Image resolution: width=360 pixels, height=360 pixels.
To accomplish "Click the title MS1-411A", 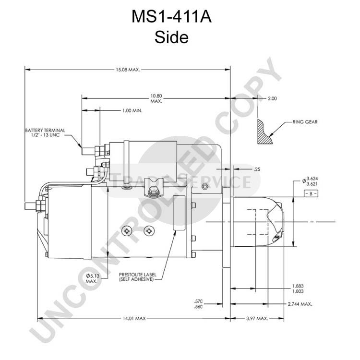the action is (x=171, y=16).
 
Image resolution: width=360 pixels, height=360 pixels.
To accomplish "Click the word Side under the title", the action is (x=171, y=37).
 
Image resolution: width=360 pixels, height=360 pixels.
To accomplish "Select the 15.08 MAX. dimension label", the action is (x=128, y=70).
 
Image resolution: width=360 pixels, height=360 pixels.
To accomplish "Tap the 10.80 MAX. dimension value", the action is (x=156, y=98).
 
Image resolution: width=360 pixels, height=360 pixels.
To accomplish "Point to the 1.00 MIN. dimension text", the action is (x=132, y=111).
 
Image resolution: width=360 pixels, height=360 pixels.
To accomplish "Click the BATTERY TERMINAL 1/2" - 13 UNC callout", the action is (x=45, y=132).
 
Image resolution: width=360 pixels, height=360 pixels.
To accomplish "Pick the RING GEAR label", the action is (x=305, y=122).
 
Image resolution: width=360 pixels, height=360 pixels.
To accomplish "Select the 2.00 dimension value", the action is (x=272, y=98).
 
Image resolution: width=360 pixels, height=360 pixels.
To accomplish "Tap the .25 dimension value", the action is (x=257, y=169).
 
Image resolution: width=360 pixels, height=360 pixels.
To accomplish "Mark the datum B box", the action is (x=311, y=193).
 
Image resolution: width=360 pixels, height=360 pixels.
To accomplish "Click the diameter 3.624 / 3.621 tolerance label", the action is (x=310, y=181).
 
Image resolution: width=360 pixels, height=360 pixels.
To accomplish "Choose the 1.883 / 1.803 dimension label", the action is (x=298, y=288).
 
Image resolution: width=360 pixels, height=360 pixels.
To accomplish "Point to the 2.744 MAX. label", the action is (x=300, y=304).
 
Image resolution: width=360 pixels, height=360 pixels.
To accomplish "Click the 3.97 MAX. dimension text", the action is (x=257, y=319).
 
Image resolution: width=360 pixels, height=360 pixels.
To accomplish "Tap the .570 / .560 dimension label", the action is (x=198, y=304).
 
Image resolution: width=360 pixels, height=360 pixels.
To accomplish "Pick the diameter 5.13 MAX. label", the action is (x=93, y=278).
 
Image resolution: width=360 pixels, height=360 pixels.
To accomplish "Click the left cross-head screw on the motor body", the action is (x=127, y=231).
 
